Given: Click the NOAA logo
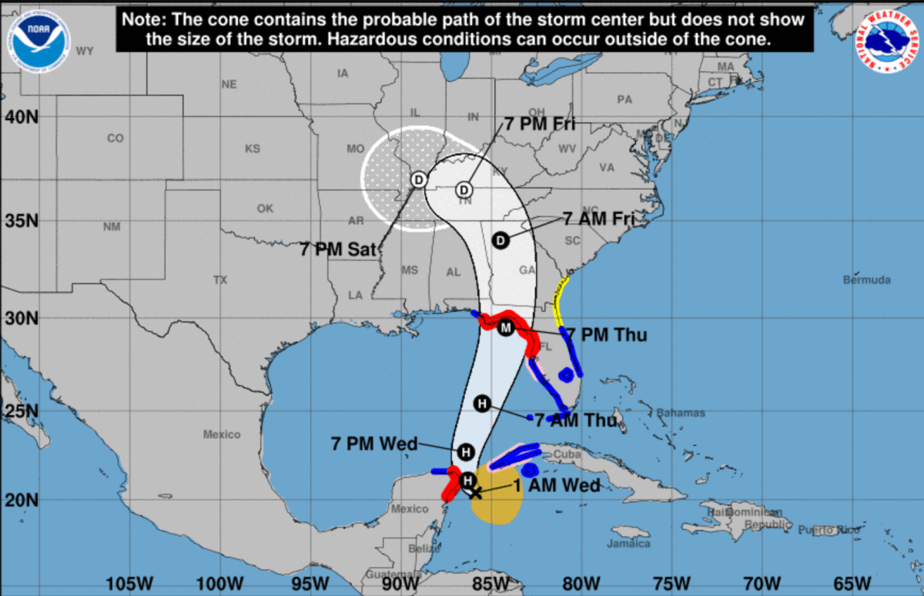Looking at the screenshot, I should (41, 39).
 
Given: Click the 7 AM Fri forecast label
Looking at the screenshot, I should (598, 219).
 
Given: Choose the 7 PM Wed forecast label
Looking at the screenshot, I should (374, 444).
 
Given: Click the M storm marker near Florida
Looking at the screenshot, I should (505, 329).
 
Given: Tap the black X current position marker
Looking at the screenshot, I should (475, 492).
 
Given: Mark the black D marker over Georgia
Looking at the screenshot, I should (500, 240).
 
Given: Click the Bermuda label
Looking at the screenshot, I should (866, 280).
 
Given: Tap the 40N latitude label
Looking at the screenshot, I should (22, 117).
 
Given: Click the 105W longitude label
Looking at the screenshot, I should (126, 582).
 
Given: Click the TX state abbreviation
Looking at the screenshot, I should (221, 280).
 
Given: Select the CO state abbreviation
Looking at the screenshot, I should (115, 139).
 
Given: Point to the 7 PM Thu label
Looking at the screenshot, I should (614, 335).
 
